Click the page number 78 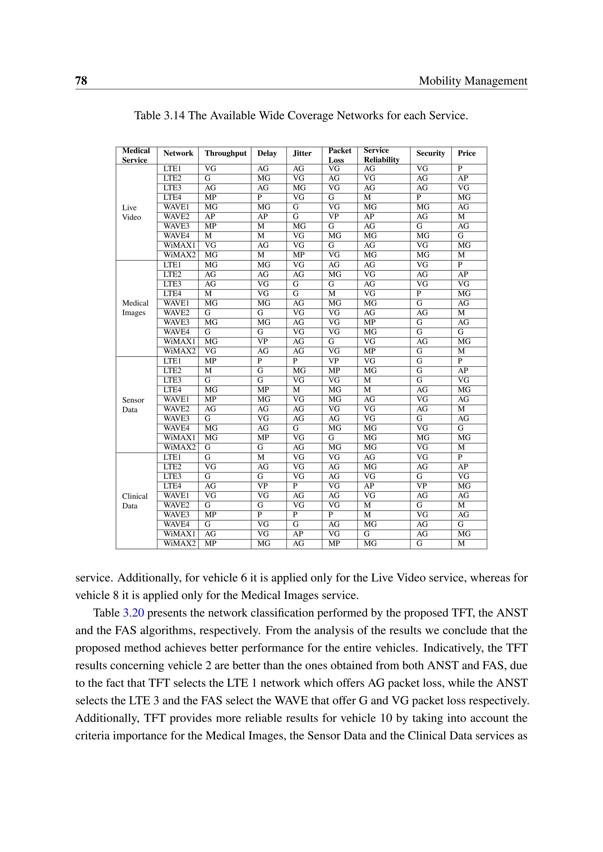(x=81, y=81)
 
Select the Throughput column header (x=225, y=153)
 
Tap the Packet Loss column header (x=339, y=155)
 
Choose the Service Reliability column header (x=381, y=155)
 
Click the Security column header (x=430, y=153)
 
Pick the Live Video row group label (x=131, y=212)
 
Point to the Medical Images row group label (x=135, y=308)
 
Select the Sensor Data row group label (x=133, y=405)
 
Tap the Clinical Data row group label (x=135, y=501)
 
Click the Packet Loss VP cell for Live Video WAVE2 (x=333, y=216)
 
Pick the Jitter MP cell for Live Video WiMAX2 (x=299, y=255)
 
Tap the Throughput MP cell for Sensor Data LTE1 (x=211, y=361)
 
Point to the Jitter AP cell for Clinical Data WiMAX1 (x=298, y=534)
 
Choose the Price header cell (x=466, y=153)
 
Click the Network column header (x=178, y=153)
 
